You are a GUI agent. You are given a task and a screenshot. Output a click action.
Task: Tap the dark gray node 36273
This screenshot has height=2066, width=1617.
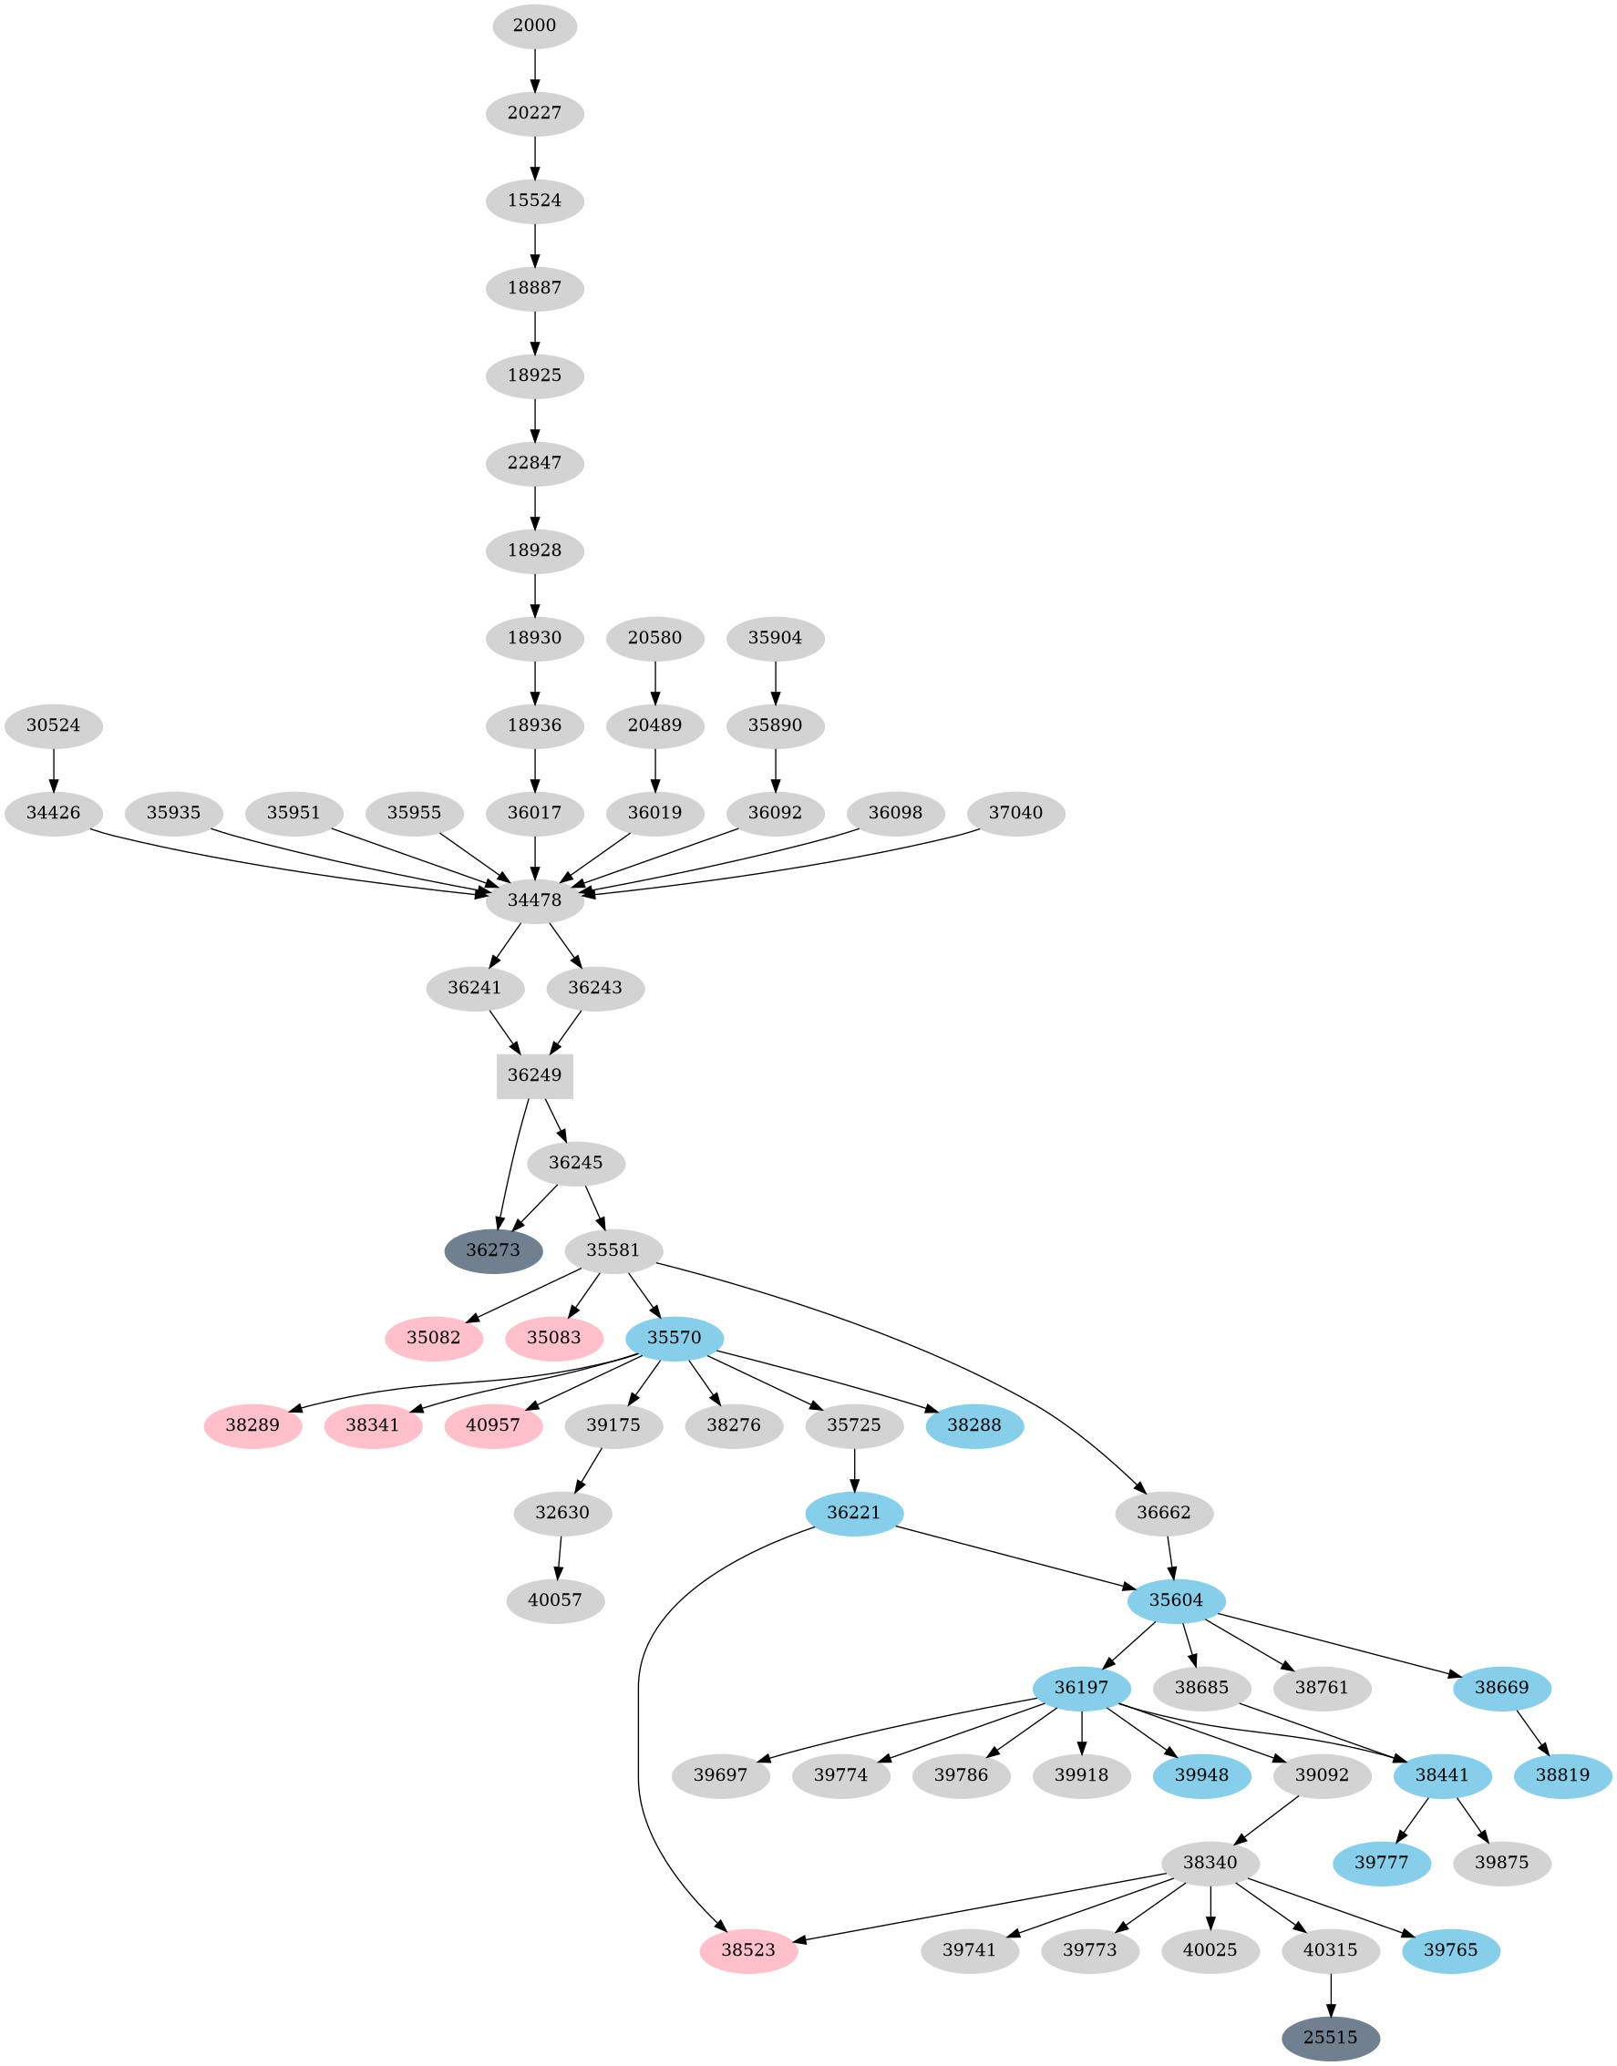(x=493, y=1250)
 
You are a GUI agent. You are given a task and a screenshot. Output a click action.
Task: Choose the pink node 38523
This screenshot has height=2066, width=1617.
(x=748, y=1949)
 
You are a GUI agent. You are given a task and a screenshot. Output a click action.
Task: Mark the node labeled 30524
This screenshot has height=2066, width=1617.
(x=53, y=726)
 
